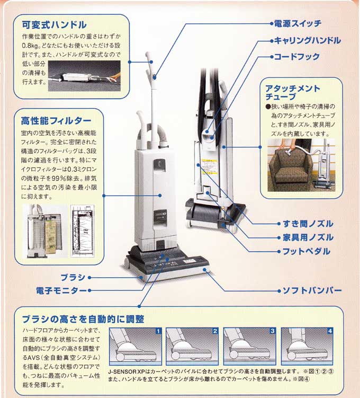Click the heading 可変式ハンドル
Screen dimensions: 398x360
(x=54, y=25)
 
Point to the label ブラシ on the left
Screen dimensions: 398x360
(x=72, y=277)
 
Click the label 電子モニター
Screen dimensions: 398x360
(x=60, y=290)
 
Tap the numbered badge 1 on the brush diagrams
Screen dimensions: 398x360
(x=157, y=331)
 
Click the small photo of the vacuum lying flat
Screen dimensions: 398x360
(x=85, y=73)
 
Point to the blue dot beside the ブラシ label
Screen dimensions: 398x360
(x=90, y=277)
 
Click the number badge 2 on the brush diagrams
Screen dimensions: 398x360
(x=215, y=331)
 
